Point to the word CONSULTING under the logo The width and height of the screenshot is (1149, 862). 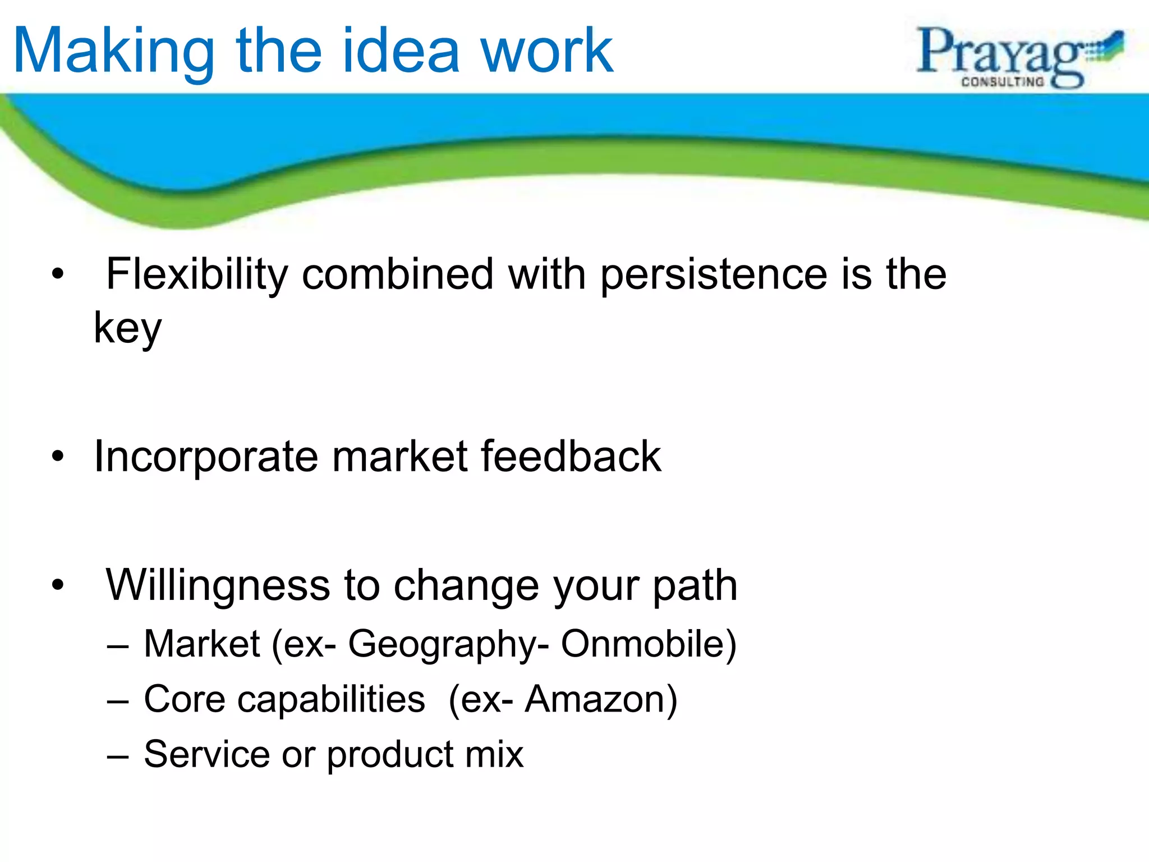point(1003,82)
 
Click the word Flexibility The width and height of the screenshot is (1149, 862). point(197,274)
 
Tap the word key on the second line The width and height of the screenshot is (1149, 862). point(127,329)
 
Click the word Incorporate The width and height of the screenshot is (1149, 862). point(206,457)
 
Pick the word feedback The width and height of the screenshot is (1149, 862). point(571,456)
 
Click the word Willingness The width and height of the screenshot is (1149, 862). point(217,586)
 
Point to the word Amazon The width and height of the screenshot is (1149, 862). point(600,699)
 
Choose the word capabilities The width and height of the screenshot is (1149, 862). point(284,700)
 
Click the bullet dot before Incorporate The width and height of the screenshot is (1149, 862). point(58,457)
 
